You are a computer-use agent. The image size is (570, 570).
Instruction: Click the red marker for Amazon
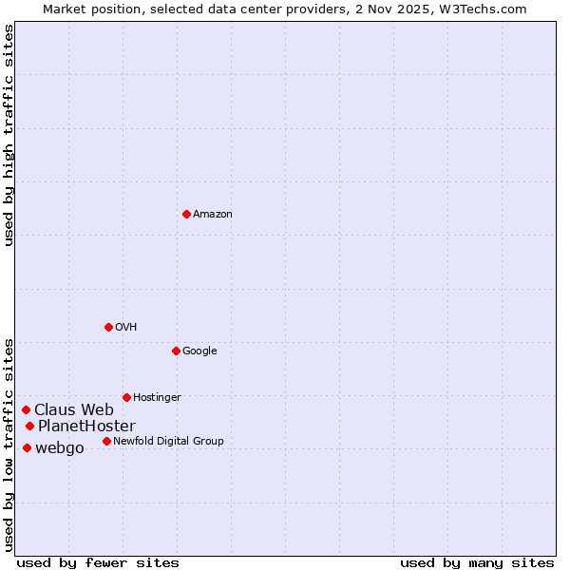(186, 214)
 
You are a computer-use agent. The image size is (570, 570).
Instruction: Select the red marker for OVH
(108, 327)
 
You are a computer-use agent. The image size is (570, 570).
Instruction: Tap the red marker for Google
(176, 351)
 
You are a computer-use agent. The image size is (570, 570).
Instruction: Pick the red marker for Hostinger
(126, 397)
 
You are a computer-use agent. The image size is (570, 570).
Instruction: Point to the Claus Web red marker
(27, 409)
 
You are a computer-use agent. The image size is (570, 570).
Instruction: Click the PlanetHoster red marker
(30, 426)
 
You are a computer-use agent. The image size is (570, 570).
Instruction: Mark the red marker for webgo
(27, 447)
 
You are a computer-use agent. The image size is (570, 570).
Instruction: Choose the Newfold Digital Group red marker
(106, 441)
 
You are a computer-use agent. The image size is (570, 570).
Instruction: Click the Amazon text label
(213, 214)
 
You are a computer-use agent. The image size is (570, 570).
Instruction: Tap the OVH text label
(126, 327)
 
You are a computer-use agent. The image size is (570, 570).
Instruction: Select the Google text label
(199, 351)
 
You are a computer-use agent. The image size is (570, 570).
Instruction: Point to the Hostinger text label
(157, 397)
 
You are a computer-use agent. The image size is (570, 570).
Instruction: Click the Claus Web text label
(74, 409)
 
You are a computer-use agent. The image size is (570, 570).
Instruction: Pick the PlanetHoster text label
(86, 426)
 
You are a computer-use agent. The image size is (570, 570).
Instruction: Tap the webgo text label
(60, 447)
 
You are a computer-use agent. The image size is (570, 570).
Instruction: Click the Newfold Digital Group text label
(168, 441)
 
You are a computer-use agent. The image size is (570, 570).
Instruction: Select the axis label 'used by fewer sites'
(98, 562)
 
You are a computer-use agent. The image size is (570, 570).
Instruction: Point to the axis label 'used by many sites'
(477, 562)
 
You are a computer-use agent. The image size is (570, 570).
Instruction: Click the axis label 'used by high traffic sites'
(9, 135)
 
